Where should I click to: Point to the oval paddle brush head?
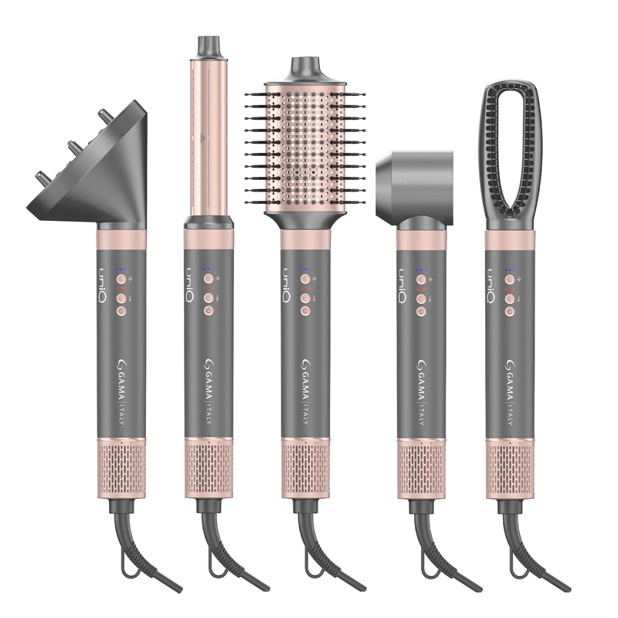click(511, 154)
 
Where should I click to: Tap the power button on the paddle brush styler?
click(510, 312)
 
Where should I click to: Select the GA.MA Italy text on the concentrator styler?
click(421, 392)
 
